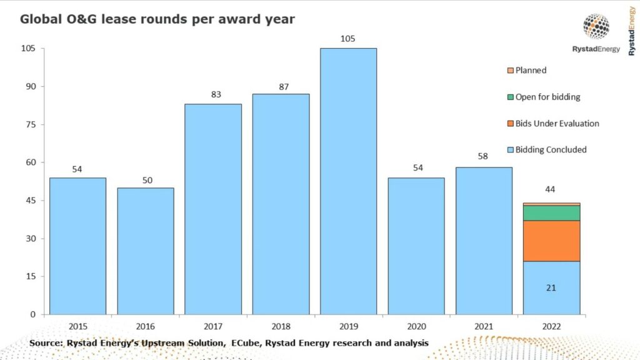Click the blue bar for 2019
tap(348, 181)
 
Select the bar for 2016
tap(145, 251)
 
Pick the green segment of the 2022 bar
tap(551, 213)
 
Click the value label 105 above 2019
tap(348, 39)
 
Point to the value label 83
tap(212, 94)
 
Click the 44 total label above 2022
tap(550, 189)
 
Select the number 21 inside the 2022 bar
tap(551, 288)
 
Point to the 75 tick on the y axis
tap(29, 124)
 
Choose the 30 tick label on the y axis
tap(29, 239)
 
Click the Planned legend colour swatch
tap(510, 71)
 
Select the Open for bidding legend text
tap(547, 97)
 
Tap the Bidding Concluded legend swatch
tap(510, 150)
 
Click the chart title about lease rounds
tap(157, 19)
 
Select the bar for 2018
tap(281, 204)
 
